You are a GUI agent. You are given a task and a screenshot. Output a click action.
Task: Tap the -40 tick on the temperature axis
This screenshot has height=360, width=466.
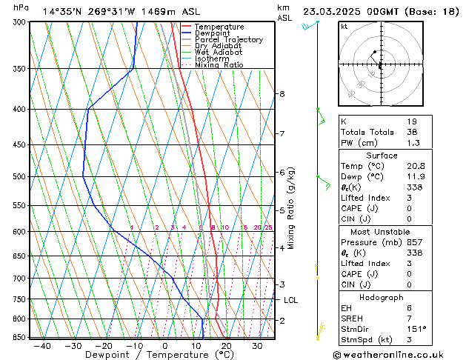click(42, 346)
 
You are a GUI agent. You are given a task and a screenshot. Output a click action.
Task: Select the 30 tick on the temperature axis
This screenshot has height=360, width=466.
click(257, 346)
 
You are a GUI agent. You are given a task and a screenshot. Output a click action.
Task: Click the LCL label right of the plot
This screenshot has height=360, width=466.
click(290, 300)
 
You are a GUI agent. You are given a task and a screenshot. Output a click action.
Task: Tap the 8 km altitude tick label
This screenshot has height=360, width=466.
click(282, 94)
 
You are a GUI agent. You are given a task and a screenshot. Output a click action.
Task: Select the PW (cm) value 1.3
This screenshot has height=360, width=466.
click(413, 143)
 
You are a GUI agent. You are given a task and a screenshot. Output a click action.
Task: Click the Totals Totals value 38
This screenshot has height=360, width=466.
click(412, 132)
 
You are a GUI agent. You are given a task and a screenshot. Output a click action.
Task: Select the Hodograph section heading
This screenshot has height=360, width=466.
click(382, 297)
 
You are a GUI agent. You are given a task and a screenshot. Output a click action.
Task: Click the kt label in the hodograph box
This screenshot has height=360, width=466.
click(344, 27)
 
